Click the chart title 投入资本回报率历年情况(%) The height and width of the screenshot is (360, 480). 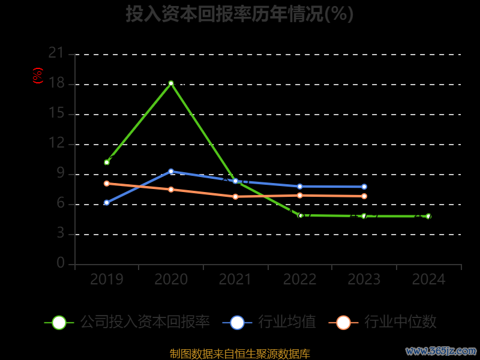click(239, 14)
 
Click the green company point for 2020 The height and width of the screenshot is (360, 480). click(171, 83)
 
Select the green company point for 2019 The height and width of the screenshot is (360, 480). click(107, 162)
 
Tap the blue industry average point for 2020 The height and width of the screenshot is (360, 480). click(171, 172)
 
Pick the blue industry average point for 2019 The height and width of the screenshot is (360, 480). click(107, 203)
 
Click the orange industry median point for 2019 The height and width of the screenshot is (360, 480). click(107, 184)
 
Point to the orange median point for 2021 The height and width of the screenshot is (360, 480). click(235, 196)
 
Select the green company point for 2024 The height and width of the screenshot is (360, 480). click(428, 216)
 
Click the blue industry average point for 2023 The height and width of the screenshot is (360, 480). click(364, 187)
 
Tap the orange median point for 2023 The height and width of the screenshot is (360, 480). click(364, 196)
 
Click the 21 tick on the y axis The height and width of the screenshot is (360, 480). click(56, 53)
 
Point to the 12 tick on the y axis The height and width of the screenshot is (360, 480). click(56, 143)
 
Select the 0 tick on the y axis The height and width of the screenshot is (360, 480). click(61, 263)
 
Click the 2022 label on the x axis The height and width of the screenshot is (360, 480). click(300, 279)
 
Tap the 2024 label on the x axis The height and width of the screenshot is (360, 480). click(428, 279)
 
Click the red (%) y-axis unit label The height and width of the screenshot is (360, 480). click(38, 76)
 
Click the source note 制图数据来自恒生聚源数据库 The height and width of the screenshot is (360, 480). click(240, 353)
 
